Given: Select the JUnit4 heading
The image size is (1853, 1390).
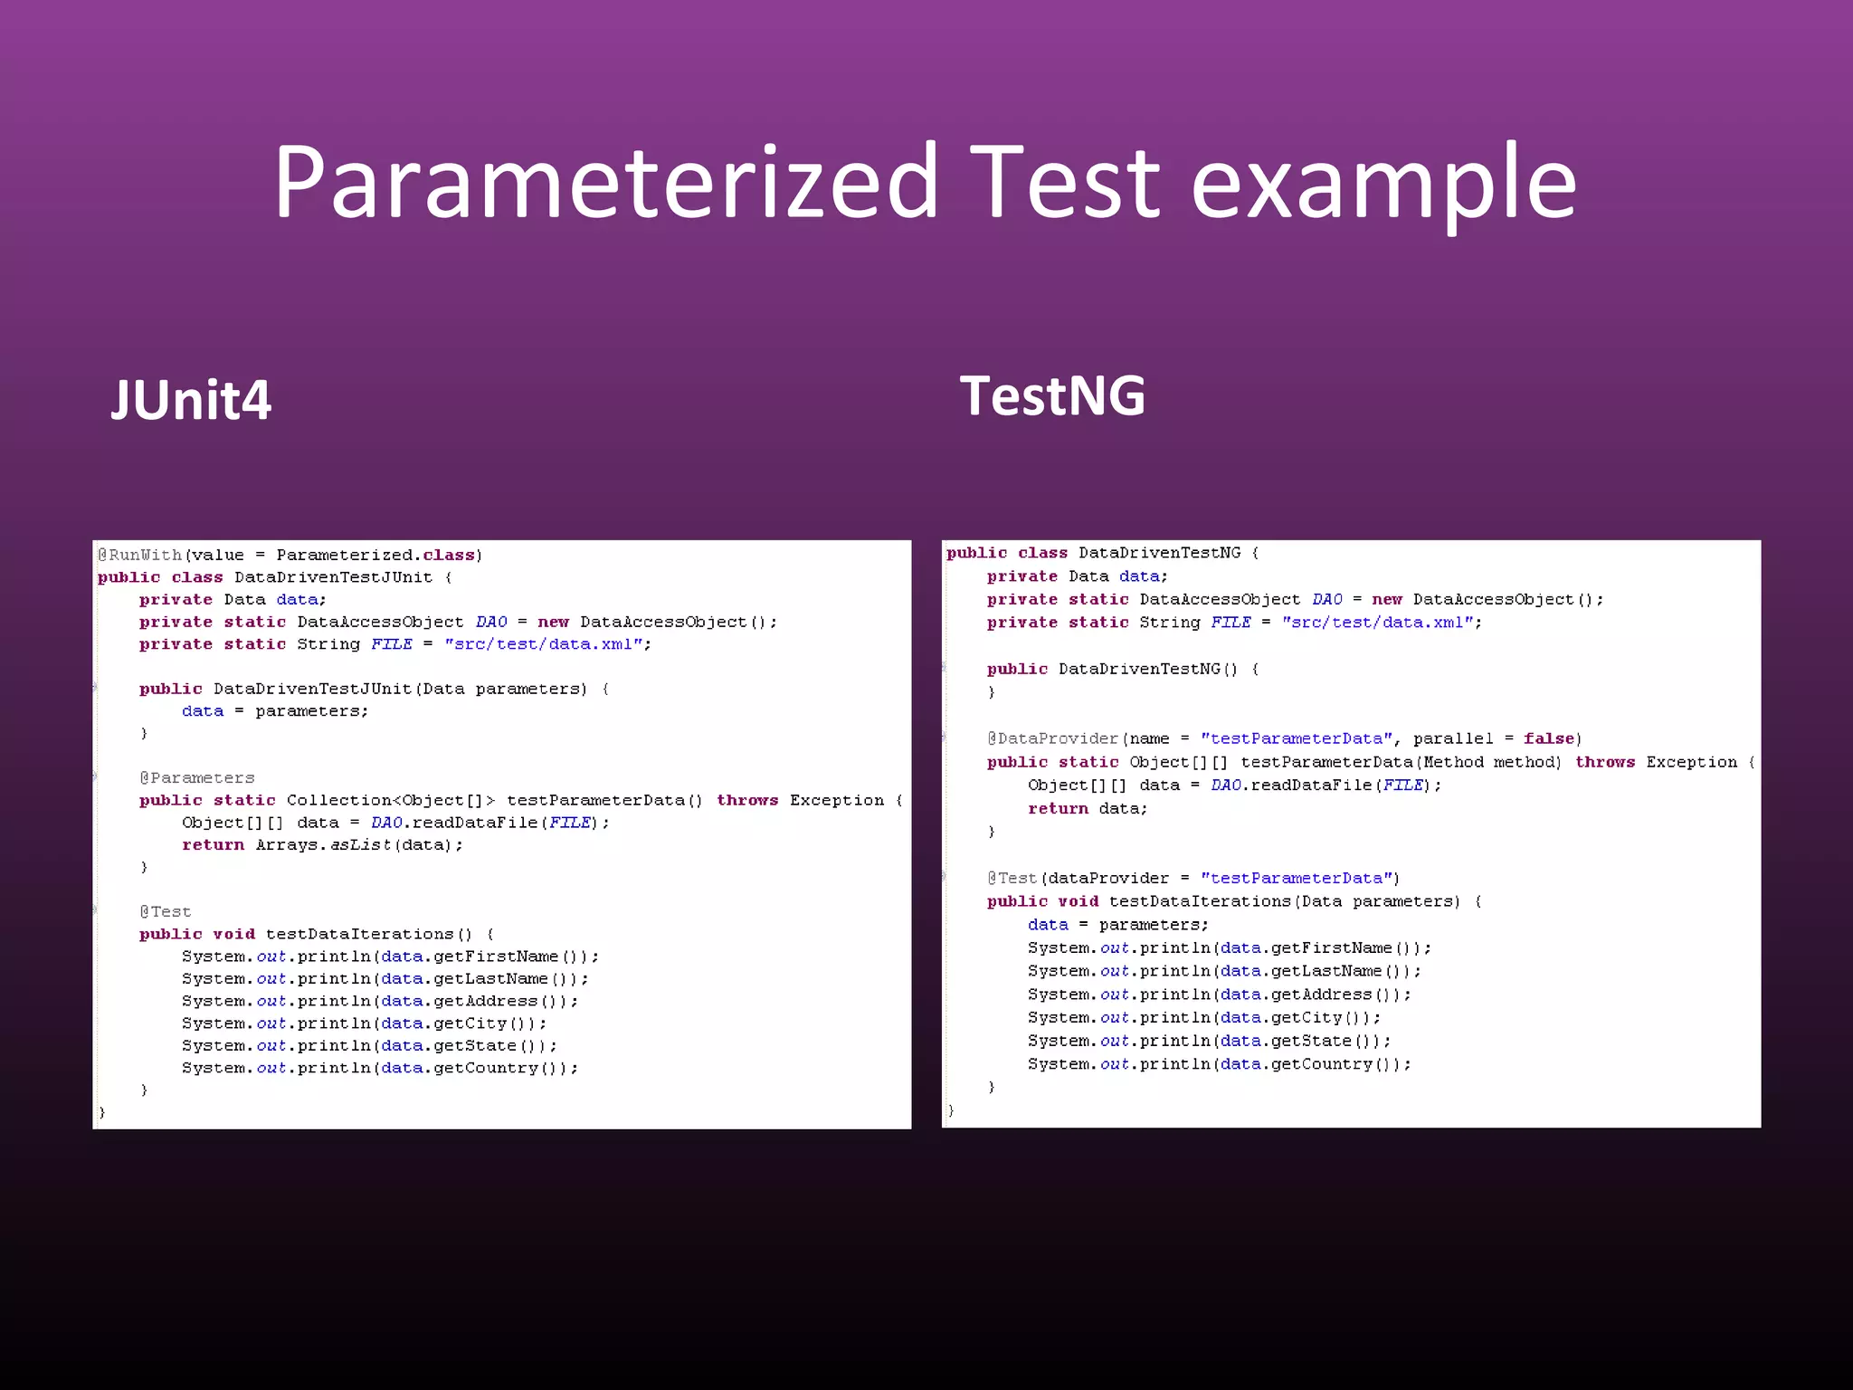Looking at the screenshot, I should pos(190,400).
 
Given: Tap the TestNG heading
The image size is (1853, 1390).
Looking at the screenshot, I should pos(1052,395).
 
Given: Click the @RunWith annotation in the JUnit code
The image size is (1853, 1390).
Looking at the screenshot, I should pos(140,555).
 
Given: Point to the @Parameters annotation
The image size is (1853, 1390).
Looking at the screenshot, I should pos(197,777).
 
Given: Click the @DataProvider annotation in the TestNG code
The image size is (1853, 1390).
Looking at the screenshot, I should pos(1053,738).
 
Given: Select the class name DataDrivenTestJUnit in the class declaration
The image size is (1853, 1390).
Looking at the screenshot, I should pos(333,577).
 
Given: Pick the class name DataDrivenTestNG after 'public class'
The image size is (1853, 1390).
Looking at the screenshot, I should pos(1160,553).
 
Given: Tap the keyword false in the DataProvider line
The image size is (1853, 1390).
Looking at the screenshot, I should pos(1549,738).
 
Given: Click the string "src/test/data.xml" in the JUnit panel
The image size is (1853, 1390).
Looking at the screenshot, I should pos(543,644).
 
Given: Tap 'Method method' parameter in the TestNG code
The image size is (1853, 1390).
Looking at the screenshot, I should pos(1490,762).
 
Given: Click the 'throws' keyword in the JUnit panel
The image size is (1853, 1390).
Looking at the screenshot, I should pos(747,800).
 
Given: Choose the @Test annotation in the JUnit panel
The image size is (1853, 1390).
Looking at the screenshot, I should pos(166,911).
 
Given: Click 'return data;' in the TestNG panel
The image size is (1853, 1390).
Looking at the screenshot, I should pos(1087,808).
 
